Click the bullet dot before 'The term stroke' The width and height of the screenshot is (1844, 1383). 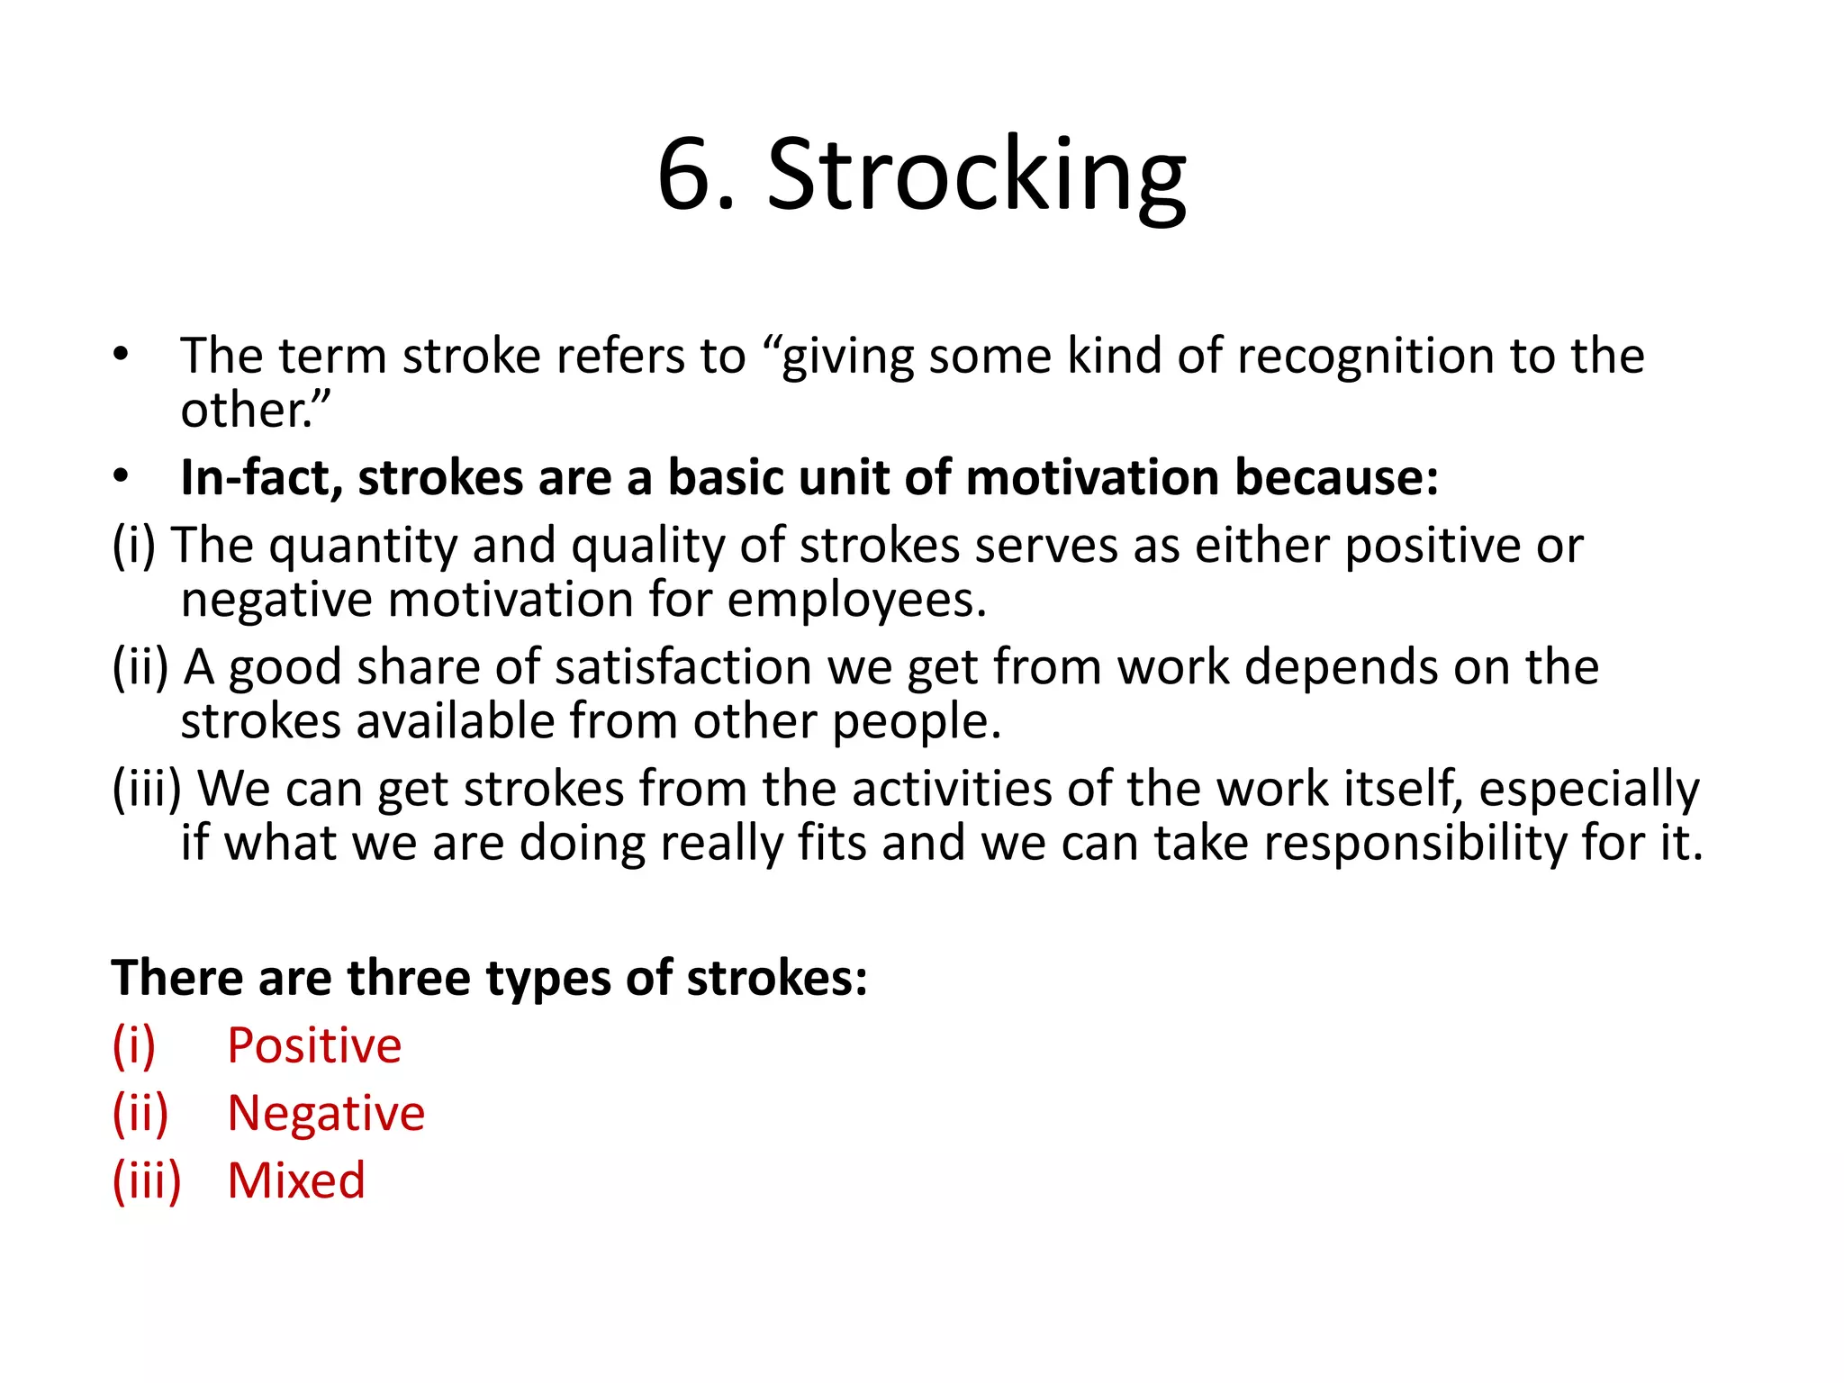click(x=122, y=354)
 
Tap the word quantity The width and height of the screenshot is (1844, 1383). click(x=363, y=547)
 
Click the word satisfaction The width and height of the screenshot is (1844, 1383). click(x=683, y=668)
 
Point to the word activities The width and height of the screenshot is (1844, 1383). click(x=953, y=790)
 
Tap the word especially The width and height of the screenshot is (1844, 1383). click(x=1588, y=790)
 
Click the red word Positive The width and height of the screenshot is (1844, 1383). click(x=314, y=1046)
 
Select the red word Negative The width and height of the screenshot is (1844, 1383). click(x=326, y=1114)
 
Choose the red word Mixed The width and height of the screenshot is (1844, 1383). click(x=296, y=1180)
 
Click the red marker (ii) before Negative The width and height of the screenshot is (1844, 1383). click(x=140, y=1114)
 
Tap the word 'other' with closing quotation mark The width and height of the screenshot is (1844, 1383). click(x=256, y=411)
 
